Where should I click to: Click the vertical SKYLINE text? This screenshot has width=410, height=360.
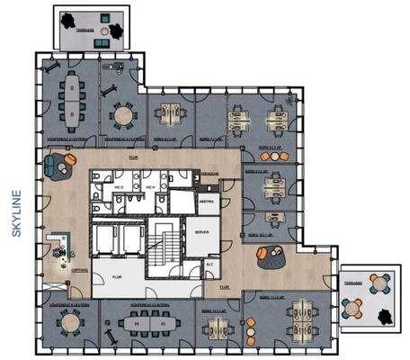[17, 213]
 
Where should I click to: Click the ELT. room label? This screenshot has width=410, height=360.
[209, 265]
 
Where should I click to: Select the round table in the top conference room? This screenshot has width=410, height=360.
[123, 114]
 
